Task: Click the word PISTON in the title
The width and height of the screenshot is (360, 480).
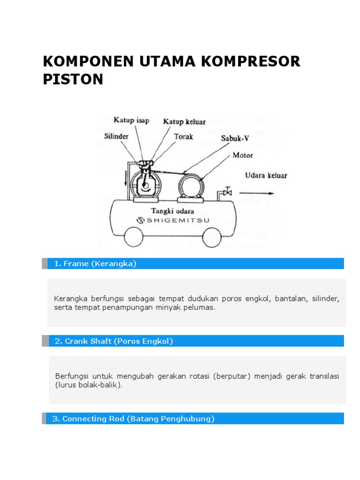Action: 73,79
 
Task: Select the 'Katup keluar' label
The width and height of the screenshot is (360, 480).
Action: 184,122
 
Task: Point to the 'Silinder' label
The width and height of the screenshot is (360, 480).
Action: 116,136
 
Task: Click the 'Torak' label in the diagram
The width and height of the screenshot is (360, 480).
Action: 183,136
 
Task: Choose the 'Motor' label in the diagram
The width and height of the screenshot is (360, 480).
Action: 242,155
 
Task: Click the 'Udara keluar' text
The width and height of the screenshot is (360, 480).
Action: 266,176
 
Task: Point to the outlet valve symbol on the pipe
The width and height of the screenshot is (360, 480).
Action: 228,191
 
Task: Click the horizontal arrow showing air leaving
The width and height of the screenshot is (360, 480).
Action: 256,193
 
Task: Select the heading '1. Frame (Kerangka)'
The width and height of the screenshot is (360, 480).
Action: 95,263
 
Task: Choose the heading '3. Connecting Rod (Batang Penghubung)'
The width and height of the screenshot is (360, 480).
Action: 133,419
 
